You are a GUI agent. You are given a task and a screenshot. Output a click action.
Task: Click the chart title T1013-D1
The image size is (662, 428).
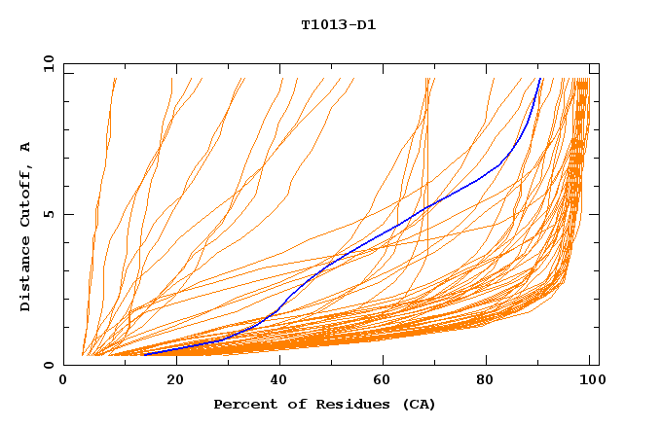[338, 25]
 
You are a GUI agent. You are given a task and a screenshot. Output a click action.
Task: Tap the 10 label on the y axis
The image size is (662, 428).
[48, 64]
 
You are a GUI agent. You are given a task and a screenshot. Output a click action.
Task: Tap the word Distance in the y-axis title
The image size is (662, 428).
[26, 276]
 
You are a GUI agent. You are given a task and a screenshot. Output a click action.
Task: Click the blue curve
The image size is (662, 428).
[389, 232]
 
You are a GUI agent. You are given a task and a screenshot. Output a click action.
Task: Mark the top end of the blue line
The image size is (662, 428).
[540, 79]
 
